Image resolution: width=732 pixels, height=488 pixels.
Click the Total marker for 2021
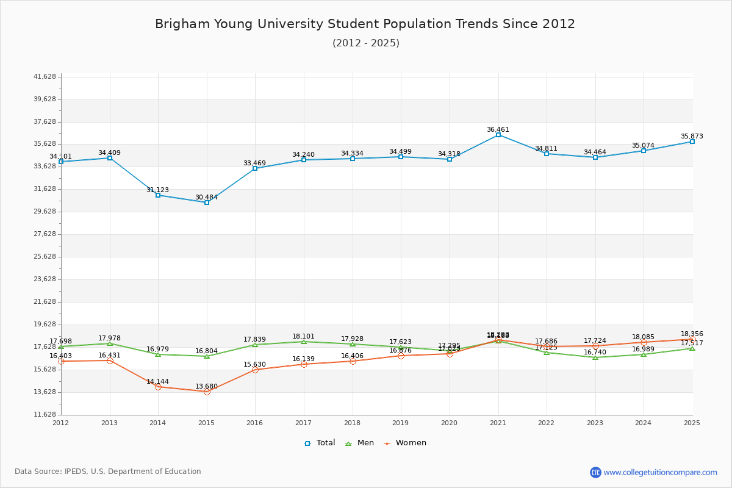click(498, 135)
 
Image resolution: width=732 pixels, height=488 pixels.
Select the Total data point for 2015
click(207, 203)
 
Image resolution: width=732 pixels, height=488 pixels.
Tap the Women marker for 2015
click(207, 392)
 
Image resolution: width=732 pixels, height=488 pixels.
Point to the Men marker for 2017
click(304, 342)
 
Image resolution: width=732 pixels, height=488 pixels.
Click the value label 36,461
click(498, 129)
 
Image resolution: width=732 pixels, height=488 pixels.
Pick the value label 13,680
click(206, 386)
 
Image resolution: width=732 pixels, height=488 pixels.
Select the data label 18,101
click(303, 336)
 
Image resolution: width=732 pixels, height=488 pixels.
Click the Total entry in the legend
click(320, 443)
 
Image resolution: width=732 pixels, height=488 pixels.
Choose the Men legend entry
click(360, 443)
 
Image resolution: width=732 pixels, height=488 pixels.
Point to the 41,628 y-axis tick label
click(45, 77)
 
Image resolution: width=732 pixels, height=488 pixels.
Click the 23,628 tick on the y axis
click(45, 279)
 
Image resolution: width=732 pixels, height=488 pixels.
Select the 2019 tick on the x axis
click(401, 422)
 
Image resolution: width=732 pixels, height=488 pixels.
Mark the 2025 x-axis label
click(692, 422)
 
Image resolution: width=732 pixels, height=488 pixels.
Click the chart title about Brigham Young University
click(365, 24)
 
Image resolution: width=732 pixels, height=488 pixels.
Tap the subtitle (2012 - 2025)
click(365, 43)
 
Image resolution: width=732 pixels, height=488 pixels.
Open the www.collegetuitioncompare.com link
click(660, 472)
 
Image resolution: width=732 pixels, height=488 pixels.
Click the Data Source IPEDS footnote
click(108, 472)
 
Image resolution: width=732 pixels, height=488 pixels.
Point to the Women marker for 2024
click(644, 342)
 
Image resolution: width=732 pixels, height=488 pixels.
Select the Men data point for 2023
click(595, 357)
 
